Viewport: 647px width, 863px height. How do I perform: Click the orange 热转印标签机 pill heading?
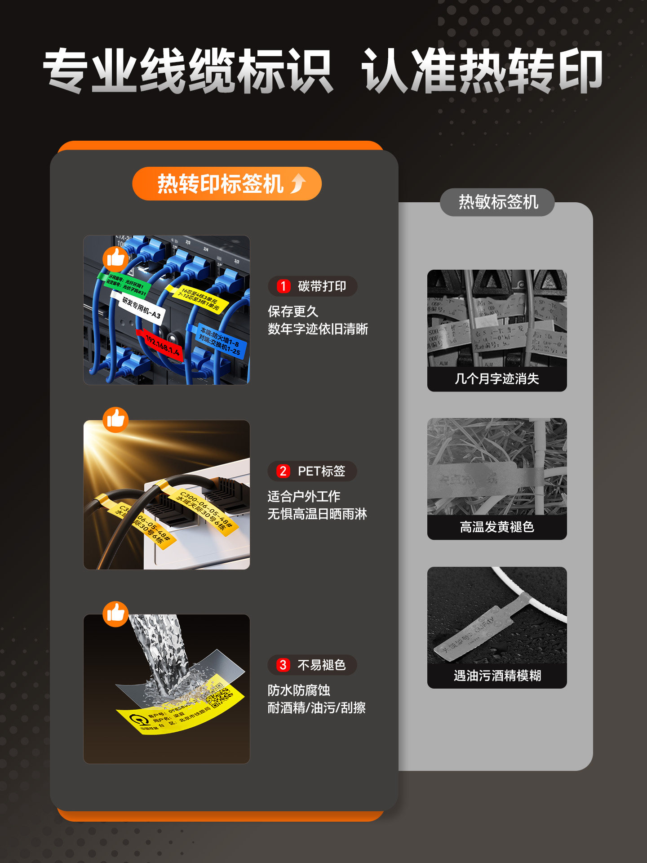point(226,184)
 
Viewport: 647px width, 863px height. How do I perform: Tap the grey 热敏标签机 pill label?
point(497,202)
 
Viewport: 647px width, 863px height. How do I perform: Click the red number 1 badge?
point(283,286)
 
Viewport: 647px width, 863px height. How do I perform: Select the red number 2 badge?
point(283,471)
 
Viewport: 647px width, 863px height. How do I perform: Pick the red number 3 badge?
point(283,665)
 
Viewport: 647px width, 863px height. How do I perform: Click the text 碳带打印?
point(322,286)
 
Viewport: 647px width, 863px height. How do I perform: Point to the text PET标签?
point(321,471)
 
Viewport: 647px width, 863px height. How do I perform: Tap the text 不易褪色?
point(321,665)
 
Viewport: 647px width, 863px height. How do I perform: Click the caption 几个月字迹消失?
point(496,379)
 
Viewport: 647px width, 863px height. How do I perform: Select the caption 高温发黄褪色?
point(496,527)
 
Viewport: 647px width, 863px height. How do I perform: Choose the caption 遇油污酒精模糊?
point(496,676)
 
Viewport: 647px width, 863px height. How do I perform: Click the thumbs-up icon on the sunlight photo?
point(115,420)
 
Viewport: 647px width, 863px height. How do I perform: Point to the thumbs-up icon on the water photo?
point(115,614)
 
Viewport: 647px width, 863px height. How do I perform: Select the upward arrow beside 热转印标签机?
point(298,184)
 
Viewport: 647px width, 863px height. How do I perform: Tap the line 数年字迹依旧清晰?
point(318,329)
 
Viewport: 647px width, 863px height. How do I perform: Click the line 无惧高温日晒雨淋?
point(317,514)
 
